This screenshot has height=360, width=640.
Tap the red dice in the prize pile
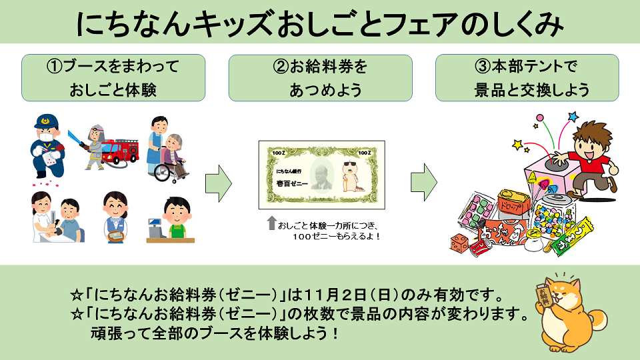tap(460, 241)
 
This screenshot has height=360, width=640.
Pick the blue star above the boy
tap(571, 117)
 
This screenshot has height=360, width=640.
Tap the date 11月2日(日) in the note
tap(346, 293)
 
